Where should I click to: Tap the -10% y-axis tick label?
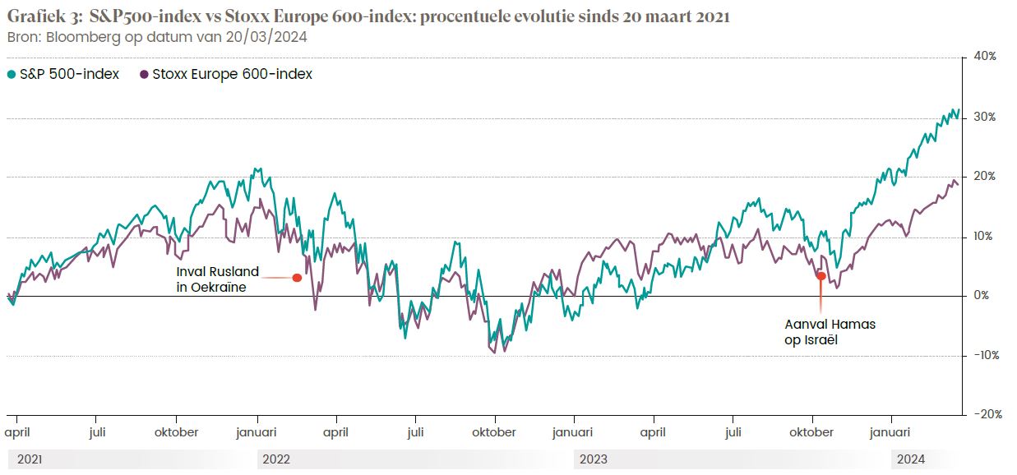[x=985, y=355]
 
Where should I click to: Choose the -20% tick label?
[x=985, y=415]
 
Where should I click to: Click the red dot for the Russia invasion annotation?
[x=298, y=278]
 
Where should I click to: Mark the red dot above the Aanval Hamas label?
[x=821, y=276]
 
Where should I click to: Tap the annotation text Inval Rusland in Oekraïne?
[x=217, y=279]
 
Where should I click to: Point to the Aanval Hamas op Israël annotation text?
[x=830, y=331]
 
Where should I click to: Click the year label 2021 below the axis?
[x=30, y=459]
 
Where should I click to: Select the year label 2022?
[x=276, y=459]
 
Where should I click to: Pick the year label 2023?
[x=594, y=459]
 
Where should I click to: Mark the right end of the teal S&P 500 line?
[x=958, y=110]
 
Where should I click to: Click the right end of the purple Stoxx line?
[x=958, y=184]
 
